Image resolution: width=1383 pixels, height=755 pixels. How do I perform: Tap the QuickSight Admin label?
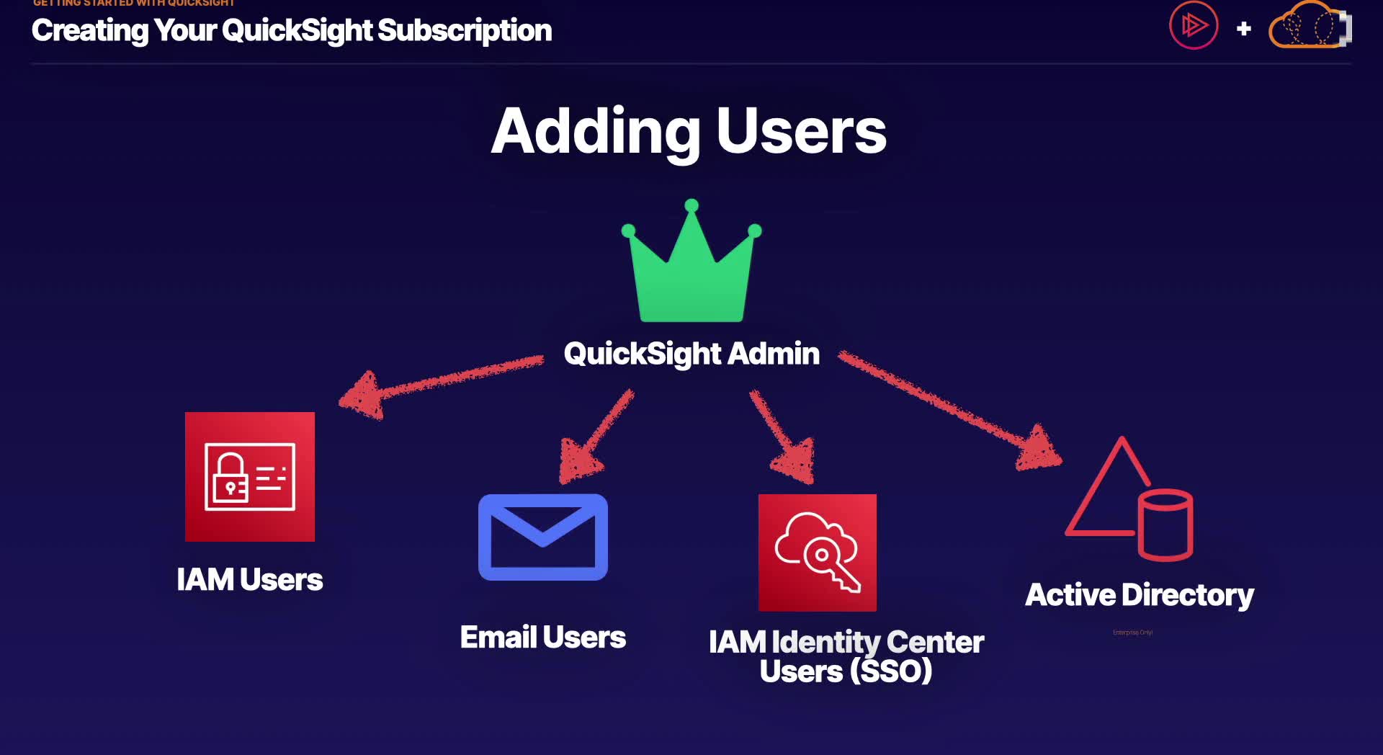tap(691, 354)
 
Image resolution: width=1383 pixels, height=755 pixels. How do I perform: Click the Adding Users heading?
tap(689, 131)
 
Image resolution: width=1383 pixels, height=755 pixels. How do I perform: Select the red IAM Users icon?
tap(250, 476)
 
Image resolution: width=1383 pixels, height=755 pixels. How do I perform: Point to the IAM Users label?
tap(249, 579)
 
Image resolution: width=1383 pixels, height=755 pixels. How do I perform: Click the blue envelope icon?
tap(543, 537)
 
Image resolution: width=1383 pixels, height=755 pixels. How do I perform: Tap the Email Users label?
tap(542, 637)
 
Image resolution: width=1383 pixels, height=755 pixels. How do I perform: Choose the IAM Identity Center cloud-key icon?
tap(818, 553)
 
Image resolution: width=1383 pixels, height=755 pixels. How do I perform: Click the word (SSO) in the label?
tap(891, 671)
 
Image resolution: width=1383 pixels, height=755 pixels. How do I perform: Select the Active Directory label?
tap(1139, 595)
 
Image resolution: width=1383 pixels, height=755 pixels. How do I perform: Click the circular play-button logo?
tap(1194, 26)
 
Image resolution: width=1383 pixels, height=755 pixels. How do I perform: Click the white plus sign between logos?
tap(1243, 29)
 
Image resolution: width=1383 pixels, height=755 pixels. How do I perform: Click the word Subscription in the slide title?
tap(465, 30)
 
